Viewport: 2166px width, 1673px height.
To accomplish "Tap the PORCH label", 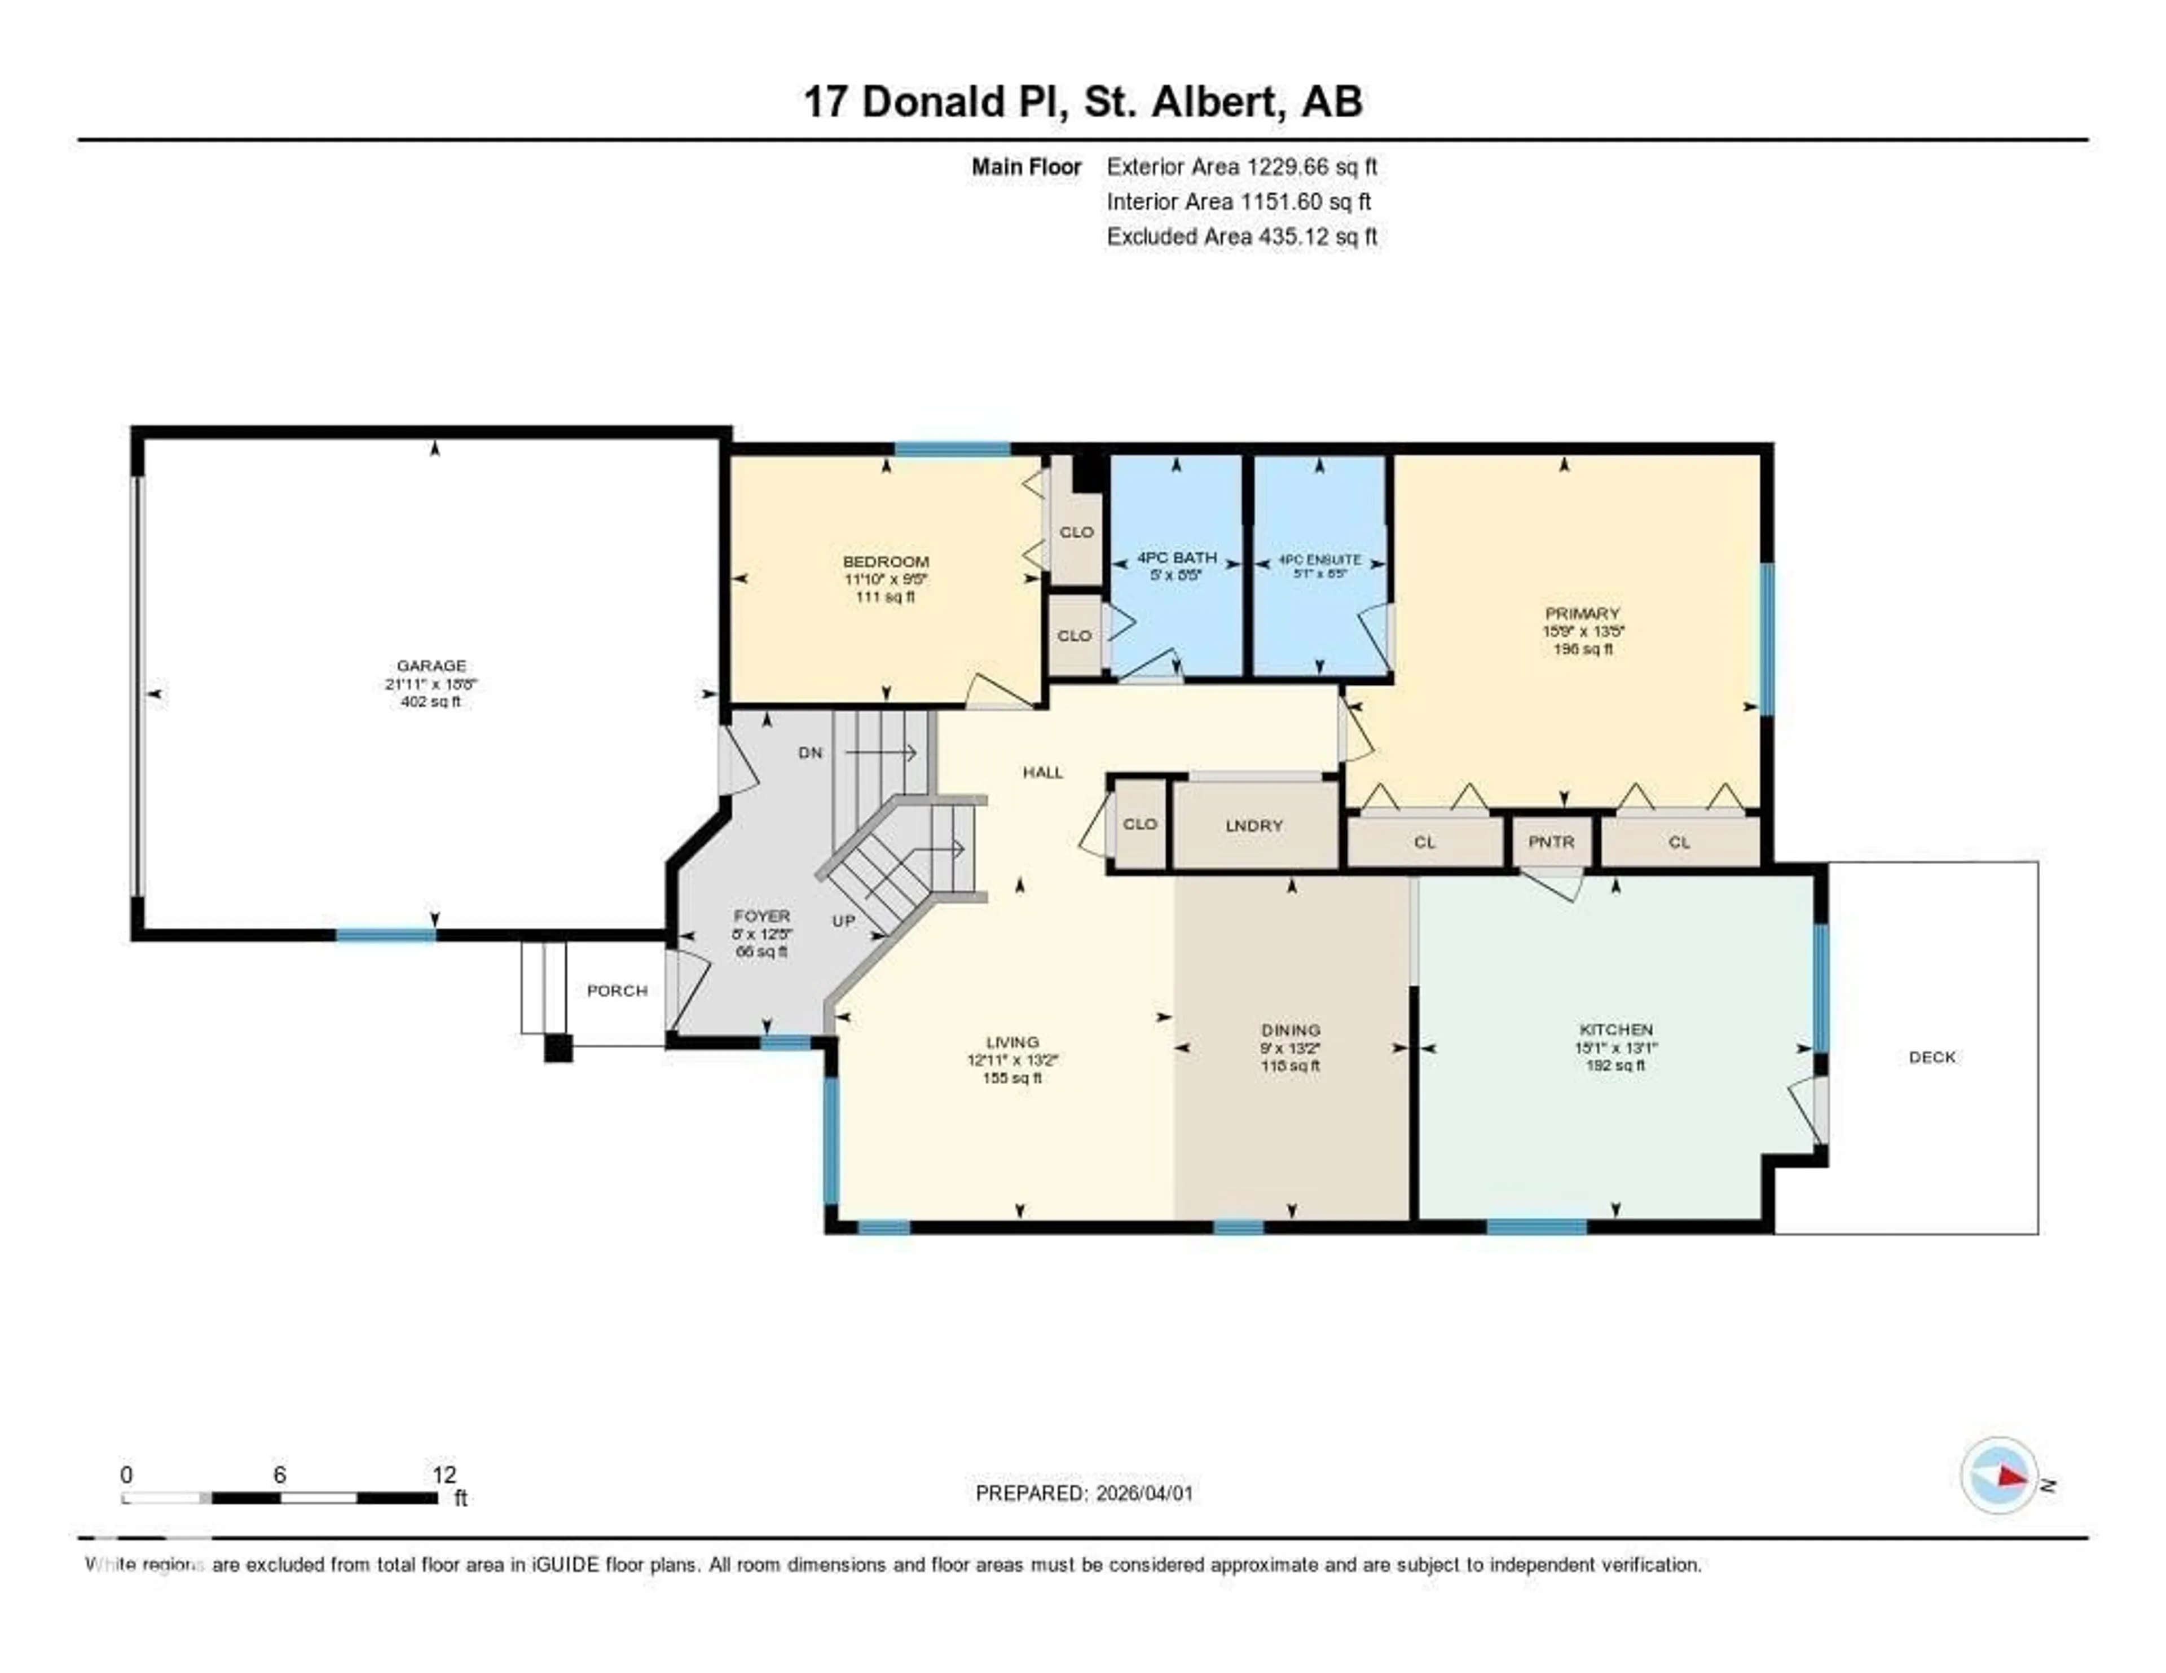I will point(617,990).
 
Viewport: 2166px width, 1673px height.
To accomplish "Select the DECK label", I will point(1932,1057).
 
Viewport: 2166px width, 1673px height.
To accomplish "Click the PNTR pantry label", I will point(1551,842).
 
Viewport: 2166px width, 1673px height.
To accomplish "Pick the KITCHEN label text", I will point(1615,1029).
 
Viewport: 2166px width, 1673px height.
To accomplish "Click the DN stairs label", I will point(810,752).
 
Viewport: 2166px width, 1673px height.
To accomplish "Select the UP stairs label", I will point(843,921).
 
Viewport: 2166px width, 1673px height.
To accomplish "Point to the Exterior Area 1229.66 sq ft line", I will point(1241,166).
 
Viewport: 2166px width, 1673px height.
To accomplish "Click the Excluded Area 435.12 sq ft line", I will point(1241,236).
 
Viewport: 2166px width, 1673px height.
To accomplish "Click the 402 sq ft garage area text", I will point(430,701).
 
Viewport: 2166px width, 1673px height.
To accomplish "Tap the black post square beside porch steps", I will point(558,1048).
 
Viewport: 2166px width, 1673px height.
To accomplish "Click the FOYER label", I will point(761,915).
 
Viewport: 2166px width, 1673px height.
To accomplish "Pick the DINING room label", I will point(1290,1029).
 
